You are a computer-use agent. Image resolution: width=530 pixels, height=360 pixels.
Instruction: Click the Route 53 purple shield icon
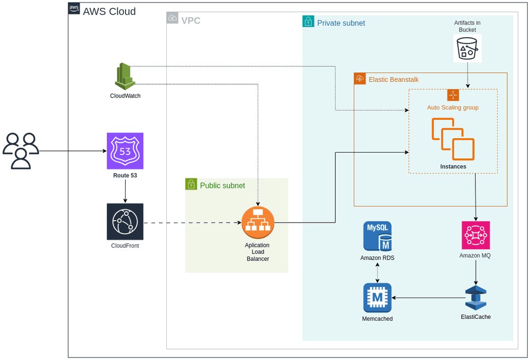pyautogui.click(x=125, y=151)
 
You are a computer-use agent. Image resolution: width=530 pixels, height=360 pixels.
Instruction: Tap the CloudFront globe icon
pyautogui.click(x=125, y=222)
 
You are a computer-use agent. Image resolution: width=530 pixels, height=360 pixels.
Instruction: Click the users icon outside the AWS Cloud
pyautogui.click(x=21, y=151)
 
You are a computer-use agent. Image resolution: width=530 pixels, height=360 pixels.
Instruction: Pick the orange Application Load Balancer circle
pyautogui.click(x=258, y=223)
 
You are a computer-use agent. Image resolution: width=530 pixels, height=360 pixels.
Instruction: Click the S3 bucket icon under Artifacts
pyautogui.click(x=467, y=49)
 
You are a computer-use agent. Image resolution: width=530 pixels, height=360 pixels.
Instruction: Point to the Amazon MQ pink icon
pyautogui.click(x=476, y=235)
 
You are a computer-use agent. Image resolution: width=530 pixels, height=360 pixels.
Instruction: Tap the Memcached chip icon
pyautogui.click(x=377, y=298)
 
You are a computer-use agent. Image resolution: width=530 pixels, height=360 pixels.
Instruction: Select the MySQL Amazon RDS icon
pyautogui.click(x=377, y=236)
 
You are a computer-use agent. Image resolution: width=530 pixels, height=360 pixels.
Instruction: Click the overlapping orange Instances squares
pyautogui.click(x=453, y=139)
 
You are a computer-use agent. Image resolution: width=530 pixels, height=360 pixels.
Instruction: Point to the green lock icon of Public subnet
pyautogui.click(x=191, y=184)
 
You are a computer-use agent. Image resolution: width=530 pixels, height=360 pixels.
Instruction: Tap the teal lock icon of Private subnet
pyautogui.click(x=308, y=21)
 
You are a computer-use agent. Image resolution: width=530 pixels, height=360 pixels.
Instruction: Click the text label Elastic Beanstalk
pyautogui.click(x=394, y=79)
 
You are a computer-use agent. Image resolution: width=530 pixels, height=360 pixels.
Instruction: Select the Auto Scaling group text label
pyautogui.click(x=452, y=107)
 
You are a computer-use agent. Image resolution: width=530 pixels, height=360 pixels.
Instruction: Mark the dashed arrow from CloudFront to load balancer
pyautogui.click(x=191, y=223)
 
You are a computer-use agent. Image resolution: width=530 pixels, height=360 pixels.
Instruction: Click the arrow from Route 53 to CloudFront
pyautogui.click(x=125, y=192)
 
